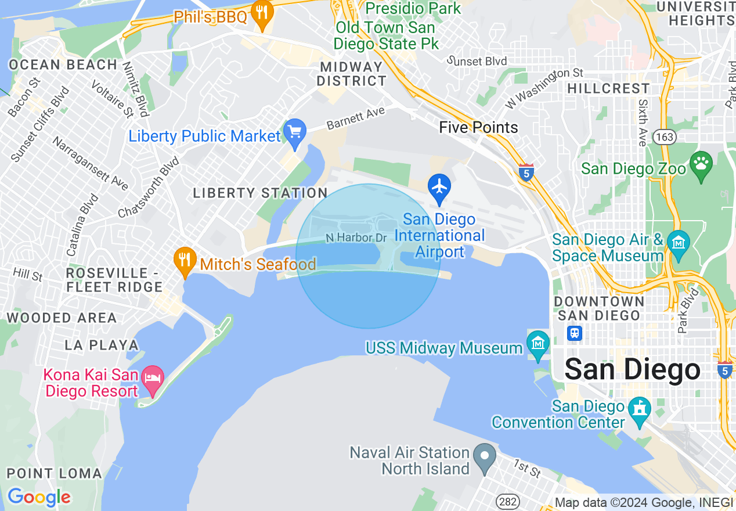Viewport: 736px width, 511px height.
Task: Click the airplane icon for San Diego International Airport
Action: tap(439, 187)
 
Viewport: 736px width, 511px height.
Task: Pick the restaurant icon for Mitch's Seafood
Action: tap(185, 260)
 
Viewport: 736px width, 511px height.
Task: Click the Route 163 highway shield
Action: tap(662, 137)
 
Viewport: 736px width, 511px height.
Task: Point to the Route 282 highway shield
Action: tap(507, 501)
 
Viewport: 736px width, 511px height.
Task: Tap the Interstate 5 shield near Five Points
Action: tap(526, 172)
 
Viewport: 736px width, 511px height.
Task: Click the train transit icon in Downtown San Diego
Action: tap(575, 333)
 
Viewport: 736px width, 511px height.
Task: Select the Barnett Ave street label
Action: tap(355, 118)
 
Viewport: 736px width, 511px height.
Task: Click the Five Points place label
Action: tap(478, 127)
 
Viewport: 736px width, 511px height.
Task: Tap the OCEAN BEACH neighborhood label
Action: tap(63, 64)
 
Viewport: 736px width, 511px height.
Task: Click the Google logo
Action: tap(39, 497)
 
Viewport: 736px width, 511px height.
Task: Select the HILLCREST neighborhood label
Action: tap(608, 88)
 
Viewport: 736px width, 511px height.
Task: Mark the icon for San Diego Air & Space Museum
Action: tap(677, 241)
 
